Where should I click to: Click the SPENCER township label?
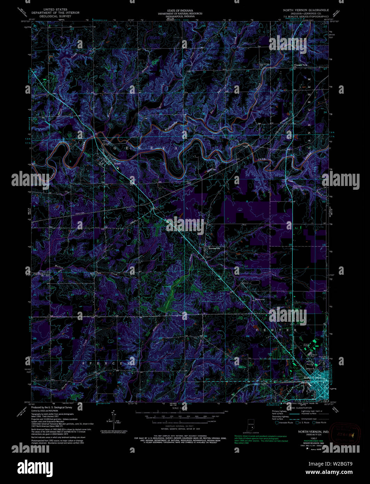[x=108, y=363]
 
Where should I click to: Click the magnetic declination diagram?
[x=115, y=421]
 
